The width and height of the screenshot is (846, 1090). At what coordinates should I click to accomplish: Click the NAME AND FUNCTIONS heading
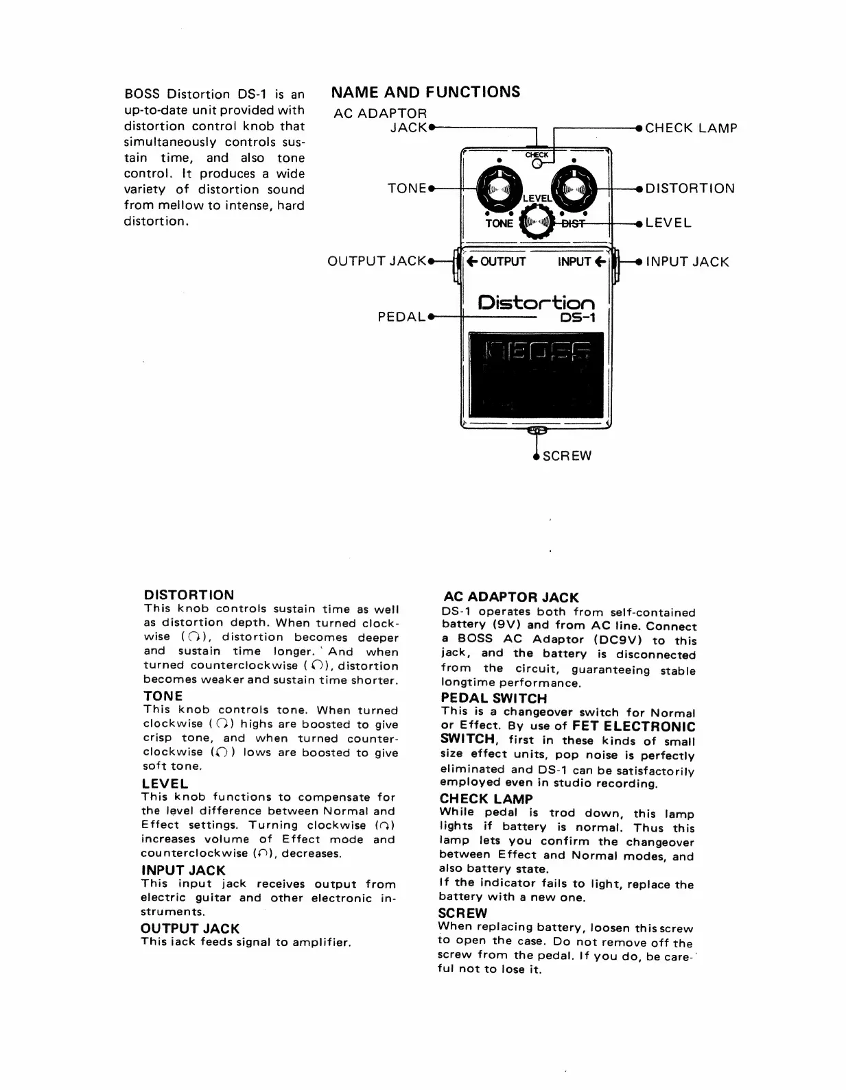[425, 92]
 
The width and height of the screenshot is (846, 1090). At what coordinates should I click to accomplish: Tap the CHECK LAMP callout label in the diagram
[691, 128]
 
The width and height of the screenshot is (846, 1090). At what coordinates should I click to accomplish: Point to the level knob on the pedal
[537, 221]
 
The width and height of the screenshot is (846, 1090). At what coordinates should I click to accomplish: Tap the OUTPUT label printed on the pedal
[502, 261]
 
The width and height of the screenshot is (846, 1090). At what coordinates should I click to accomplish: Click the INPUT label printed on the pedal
[574, 261]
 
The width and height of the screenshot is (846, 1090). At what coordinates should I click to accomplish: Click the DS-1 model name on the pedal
[577, 317]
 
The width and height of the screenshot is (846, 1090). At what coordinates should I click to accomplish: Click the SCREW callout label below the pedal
[567, 456]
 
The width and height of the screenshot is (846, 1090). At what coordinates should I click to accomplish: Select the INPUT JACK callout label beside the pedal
[687, 261]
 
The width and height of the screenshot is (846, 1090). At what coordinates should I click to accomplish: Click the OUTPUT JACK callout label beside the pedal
[377, 261]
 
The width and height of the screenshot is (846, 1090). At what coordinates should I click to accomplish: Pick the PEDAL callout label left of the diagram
[401, 317]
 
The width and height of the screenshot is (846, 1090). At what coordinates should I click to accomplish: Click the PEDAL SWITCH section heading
[494, 699]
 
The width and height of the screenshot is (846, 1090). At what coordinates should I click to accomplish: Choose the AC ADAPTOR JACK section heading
[511, 597]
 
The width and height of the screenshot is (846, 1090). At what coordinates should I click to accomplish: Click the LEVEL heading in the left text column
[165, 784]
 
